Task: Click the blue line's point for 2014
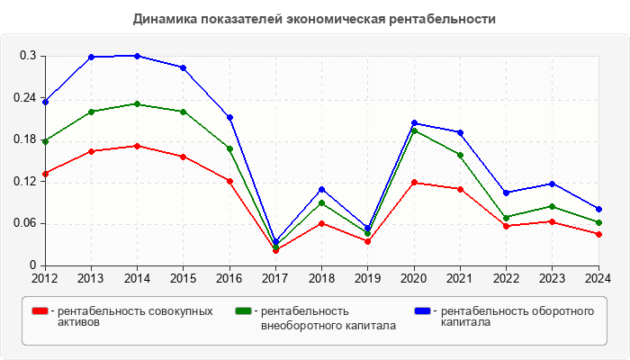point(138,56)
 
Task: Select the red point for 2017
point(276,250)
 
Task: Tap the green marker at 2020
point(414,130)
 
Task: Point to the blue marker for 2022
point(507,193)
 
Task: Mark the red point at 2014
point(138,146)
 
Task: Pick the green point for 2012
point(45,141)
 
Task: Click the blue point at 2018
point(322,189)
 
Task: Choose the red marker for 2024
point(598,234)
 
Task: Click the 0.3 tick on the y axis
point(28,56)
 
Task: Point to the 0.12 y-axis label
point(24,181)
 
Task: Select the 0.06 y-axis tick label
point(24,223)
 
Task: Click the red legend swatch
point(40,310)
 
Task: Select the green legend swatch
point(242,310)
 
